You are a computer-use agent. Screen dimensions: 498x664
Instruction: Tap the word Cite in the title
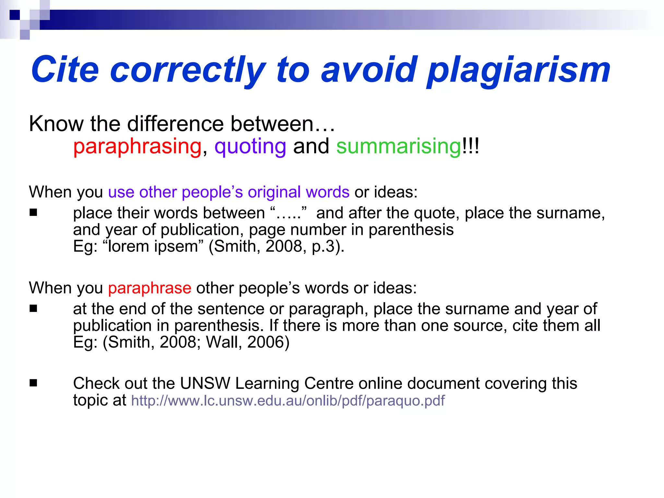pyautogui.click(x=65, y=69)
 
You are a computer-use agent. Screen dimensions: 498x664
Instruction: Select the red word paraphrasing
pyautogui.click(x=137, y=147)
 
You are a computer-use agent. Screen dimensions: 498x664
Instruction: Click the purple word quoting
pyautogui.click(x=250, y=147)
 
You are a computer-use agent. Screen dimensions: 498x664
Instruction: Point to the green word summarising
pyautogui.click(x=398, y=147)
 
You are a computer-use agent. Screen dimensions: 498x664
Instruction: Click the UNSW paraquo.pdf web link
pyautogui.click(x=288, y=401)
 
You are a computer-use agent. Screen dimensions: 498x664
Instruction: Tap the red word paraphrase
pyautogui.click(x=149, y=288)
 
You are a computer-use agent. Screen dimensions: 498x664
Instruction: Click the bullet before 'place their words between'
pyautogui.click(x=33, y=213)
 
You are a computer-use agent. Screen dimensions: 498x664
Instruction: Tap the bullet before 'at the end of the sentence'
pyautogui.click(x=33, y=309)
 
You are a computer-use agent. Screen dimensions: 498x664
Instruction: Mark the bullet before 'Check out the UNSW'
pyautogui.click(x=33, y=383)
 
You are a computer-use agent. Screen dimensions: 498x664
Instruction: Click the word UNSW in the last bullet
pyautogui.click(x=205, y=384)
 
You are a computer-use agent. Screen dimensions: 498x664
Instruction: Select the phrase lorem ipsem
pyautogui.click(x=153, y=246)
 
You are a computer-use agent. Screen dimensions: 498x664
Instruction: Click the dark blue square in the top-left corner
pyautogui.click(x=15, y=15)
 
